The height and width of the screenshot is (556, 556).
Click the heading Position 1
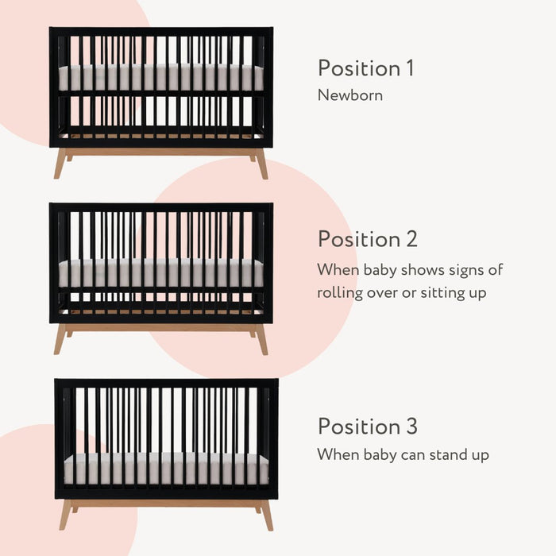365,68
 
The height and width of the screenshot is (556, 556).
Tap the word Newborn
350,95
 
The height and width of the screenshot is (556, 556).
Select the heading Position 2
367,239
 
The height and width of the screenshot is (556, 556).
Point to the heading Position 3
367,427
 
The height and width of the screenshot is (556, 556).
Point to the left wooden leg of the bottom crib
64,514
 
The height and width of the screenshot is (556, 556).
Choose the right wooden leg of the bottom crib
266,514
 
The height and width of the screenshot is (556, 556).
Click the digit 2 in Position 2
411,239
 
